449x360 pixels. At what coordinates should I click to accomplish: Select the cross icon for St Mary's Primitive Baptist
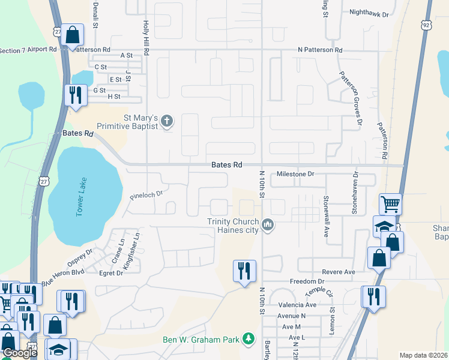point(167,122)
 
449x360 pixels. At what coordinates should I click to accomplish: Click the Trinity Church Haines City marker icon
point(268,225)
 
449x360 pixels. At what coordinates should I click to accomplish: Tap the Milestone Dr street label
point(295,174)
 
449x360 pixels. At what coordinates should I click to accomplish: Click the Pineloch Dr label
point(146,195)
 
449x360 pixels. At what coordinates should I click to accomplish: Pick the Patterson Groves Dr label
point(351,99)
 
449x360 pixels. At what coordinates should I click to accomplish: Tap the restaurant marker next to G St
point(75,97)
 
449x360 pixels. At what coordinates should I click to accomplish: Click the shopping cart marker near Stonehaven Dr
point(390,204)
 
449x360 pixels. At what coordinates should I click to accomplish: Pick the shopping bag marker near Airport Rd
point(72,36)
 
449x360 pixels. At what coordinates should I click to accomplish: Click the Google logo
point(20,353)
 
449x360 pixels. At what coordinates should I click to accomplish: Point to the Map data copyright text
point(423,355)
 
